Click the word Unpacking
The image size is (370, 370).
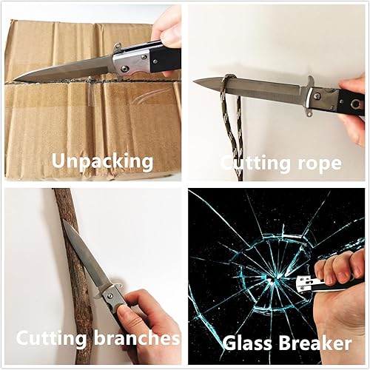point(101,160)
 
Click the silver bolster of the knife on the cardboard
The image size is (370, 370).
point(133,62)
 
